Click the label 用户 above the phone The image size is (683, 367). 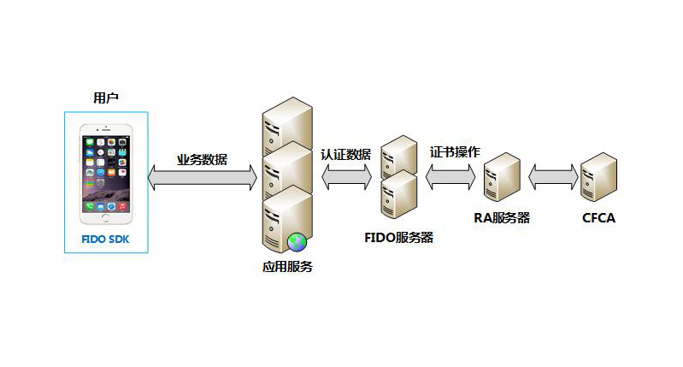click(105, 98)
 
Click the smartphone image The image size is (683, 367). click(106, 169)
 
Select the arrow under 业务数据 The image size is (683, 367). click(203, 178)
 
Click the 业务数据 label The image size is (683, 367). click(202, 159)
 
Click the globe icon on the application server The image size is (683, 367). click(297, 243)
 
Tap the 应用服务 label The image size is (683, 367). click(287, 267)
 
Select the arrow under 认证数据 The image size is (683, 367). click(346, 178)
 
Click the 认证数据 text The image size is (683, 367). click(346, 155)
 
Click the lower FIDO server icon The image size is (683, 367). click(398, 194)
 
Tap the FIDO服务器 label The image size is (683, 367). click(399, 237)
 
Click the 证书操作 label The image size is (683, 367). click(455, 152)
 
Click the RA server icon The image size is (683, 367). click(502, 177)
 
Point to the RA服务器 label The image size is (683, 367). click(502, 217)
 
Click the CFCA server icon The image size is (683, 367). click(598, 177)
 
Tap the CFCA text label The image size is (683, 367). click(598, 218)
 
